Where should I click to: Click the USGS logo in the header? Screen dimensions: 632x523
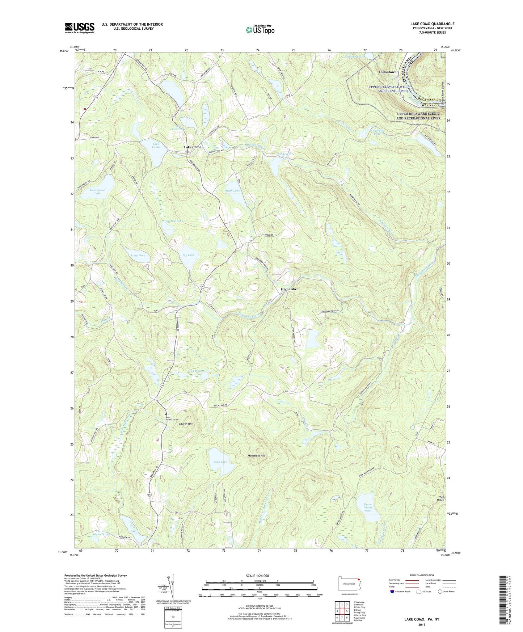(x=80, y=28)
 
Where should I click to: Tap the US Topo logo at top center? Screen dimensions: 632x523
(x=260, y=30)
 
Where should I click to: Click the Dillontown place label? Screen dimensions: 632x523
(x=388, y=72)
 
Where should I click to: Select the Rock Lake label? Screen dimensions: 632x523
(x=220, y=462)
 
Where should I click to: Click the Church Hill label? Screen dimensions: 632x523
(x=186, y=424)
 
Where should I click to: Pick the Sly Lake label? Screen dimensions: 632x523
(x=189, y=255)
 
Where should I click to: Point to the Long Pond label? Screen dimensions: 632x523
(x=138, y=255)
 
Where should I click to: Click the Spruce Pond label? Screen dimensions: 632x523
(x=174, y=221)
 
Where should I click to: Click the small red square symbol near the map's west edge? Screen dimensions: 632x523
(x=85, y=109)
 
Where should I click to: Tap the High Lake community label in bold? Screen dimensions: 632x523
(x=289, y=289)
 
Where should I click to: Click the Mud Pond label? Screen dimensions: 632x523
(x=195, y=371)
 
